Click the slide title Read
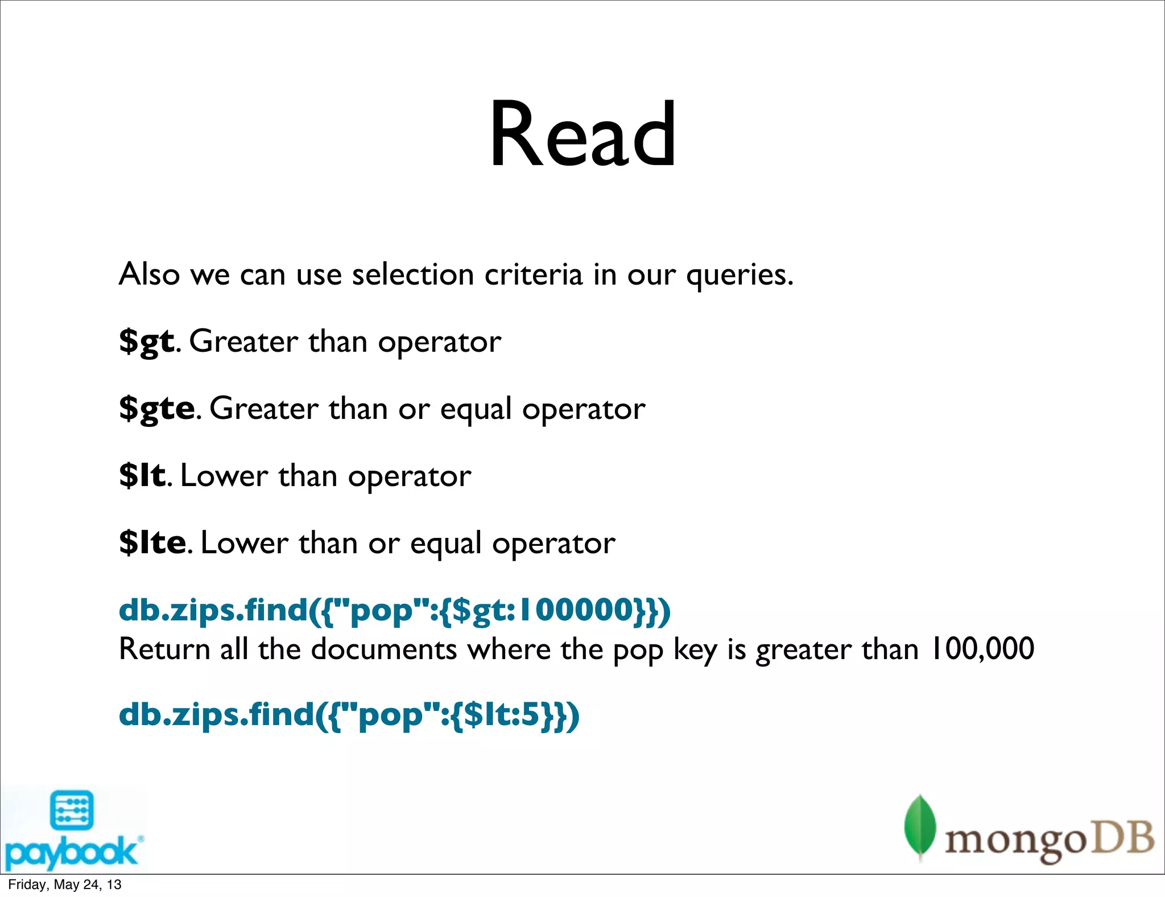pyautogui.click(x=582, y=135)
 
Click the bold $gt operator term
pyautogui.click(x=146, y=341)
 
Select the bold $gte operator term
pyautogui.click(x=157, y=409)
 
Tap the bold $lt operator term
pyautogui.click(x=142, y=475)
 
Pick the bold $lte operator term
pyautogui.click(x=152, y=542)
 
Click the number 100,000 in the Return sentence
pyautogui.click(x=982, y=649)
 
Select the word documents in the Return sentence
pyautogui.click(x=384, y=649)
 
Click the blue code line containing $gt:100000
pyautogui.click(x=395, y=610)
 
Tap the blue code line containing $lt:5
pyautogui.click(x=349, y=715)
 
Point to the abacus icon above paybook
pyautogui.click(x=72, y=809)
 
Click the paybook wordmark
pyautogui.click(x=71, y=852)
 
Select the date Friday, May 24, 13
pyautogui.click(x=65, y=884)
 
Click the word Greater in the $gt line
pyautogui.click(x=243, y=341)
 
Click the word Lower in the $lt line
pyautogui.click(x=224, y=476)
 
